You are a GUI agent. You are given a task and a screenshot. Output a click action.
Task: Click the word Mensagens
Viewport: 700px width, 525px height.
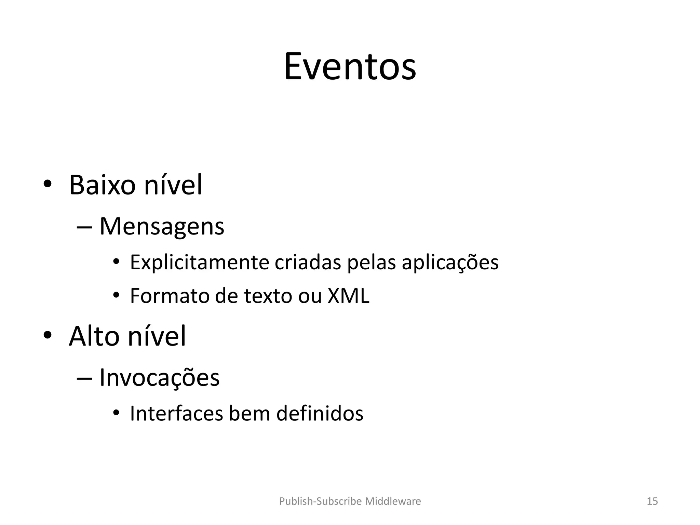tap(162, 226)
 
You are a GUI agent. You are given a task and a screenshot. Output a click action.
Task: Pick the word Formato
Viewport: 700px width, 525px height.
tap(169, 296)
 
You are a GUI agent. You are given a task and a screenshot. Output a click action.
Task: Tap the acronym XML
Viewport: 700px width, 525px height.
tap(348, 296)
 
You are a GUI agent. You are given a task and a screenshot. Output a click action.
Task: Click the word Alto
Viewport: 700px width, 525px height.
tap(94, 336)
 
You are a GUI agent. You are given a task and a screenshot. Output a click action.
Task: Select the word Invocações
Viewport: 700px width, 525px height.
tap(159, 378)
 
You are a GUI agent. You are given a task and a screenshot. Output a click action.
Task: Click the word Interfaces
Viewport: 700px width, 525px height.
tap(176, 413)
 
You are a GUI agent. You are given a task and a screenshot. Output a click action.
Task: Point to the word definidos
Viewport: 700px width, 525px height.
tap(320, 413)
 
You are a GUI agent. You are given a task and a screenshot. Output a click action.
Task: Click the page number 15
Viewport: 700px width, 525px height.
tap(652, 501)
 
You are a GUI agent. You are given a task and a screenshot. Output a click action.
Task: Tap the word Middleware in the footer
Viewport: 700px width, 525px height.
tap(393, 501)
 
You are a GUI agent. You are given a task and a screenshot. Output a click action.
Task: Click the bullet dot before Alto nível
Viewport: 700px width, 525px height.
tap(47, 336)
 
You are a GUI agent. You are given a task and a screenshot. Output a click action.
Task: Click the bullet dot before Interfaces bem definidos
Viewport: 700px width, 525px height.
tap(116, 413)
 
